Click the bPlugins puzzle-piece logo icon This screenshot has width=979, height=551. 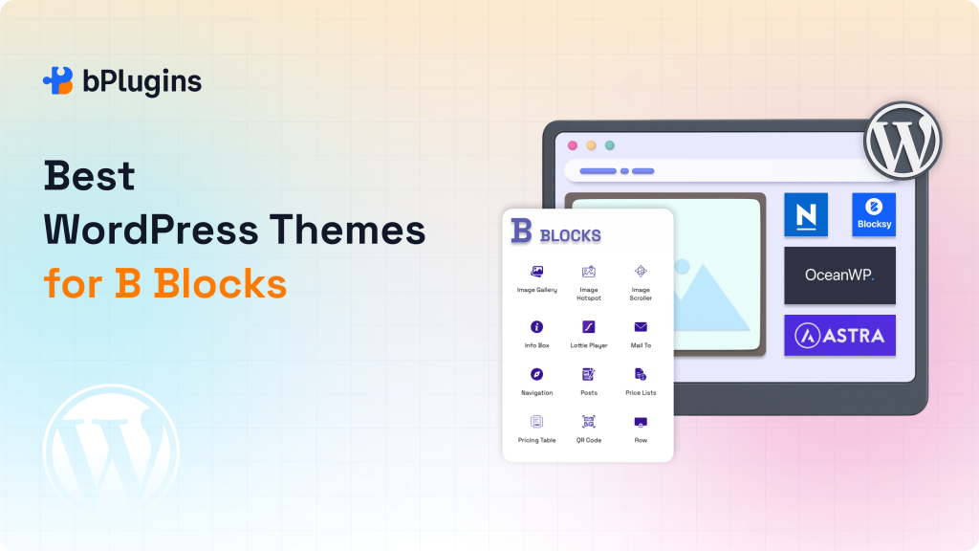click(x=58, y=81)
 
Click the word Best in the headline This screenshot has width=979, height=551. click(x=89, y=177)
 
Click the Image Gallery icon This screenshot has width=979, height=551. click(x=536, y=272)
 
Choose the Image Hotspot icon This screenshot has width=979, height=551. click(x=589, y=272)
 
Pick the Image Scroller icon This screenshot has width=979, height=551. click(x=641, y=272)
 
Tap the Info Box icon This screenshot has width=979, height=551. click(x=536, y=327)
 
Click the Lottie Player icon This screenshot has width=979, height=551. click(x=589, y=327)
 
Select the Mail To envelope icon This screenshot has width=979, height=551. click(x=641, y=327)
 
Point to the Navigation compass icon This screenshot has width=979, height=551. click(x=536, y=374)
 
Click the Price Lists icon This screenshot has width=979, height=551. click(x=641, y=374)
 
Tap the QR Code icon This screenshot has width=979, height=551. click(x=589, y=421)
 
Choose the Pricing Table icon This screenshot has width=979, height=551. click(x=536, y=421)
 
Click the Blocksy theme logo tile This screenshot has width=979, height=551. click(x=874, y=214)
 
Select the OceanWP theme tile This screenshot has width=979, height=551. click(x=839, y=275)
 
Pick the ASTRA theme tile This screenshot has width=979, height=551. click(x=839, y=335)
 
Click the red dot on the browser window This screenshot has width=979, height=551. click(x=573, y=145)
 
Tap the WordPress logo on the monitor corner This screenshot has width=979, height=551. click(x=903, y=141)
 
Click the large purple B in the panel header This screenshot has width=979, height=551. click(x=521, y=231)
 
